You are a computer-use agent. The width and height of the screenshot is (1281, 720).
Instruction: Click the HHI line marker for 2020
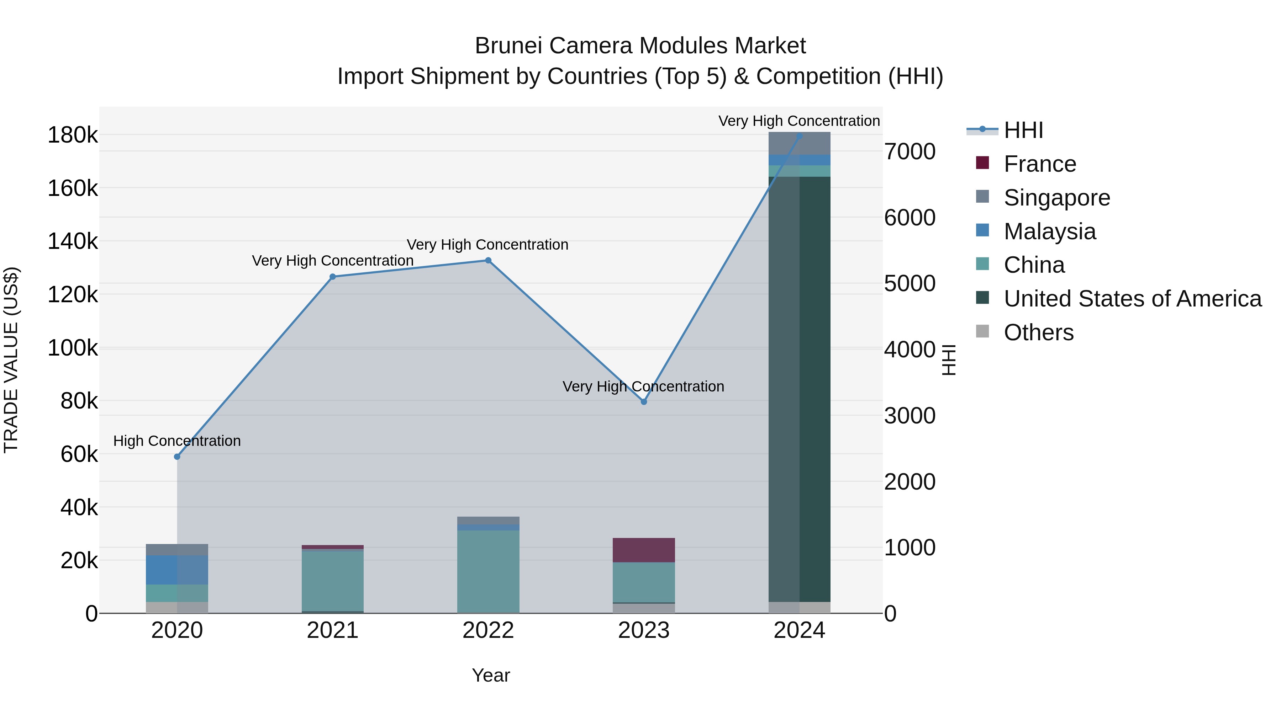tap(177, 457)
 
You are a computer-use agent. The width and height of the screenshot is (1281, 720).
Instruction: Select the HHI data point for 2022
tap(488, 260)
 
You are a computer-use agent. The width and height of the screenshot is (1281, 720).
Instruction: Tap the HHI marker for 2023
tap(643, 401)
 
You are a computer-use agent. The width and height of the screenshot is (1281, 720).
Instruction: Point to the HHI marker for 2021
tap(333, 277)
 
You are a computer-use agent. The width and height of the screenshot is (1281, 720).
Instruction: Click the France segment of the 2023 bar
tap(643, 550)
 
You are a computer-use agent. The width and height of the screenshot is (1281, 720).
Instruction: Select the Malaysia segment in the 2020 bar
tap(177, 570)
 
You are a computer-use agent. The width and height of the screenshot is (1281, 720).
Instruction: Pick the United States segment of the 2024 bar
tap(799, 388)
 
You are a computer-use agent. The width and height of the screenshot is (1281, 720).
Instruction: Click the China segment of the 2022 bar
tap(488, 571)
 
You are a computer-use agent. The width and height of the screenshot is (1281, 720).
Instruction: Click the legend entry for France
tap(1039, 164)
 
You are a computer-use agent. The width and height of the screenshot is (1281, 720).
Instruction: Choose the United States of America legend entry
tap(1132, 299)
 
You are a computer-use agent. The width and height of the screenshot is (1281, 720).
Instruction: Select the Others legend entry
tap(1038, 332)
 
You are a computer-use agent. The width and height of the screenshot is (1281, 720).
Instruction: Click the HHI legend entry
tap(1023, 130)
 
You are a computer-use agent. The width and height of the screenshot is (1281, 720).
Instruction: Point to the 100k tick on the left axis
tap(73, 348)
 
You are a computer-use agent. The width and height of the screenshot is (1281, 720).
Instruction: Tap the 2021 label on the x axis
tap(333, 630)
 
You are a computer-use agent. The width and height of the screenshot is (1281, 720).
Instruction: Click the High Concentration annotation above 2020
tap(177, 441)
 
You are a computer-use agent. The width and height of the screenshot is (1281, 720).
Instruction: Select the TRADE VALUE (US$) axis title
tap(11, 360)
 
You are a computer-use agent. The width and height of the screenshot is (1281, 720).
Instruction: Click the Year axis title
tap(491, 675)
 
